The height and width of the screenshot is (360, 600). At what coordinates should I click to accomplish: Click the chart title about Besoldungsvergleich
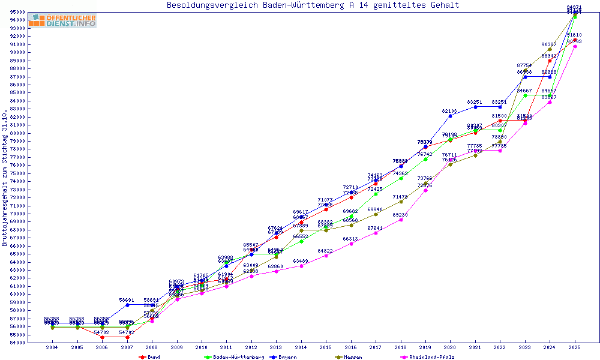pos(313,5)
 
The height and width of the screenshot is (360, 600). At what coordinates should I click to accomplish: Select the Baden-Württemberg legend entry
pos(238,357)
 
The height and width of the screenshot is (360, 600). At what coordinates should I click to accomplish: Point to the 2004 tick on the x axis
pos(52,347)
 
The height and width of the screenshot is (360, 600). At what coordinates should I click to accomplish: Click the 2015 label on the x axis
pos(326,347)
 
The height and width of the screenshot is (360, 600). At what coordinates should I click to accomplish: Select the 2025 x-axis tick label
pos(575,347)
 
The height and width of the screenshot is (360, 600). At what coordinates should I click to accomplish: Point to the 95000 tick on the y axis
pos(17,12)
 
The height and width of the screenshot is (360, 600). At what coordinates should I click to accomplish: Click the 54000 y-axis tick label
pos(17,343)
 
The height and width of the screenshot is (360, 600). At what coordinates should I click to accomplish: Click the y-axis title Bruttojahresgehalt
pos(5,178)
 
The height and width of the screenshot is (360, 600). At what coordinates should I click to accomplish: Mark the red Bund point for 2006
pos(102,337)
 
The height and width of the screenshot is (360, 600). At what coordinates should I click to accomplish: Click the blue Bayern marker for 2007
pos(127,305)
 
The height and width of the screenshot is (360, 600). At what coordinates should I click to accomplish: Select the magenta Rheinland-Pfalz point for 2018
pos(401,220)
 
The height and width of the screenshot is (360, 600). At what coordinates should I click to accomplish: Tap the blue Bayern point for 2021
pos(475,107)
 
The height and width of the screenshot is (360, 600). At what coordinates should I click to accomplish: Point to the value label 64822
pos(326,251)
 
